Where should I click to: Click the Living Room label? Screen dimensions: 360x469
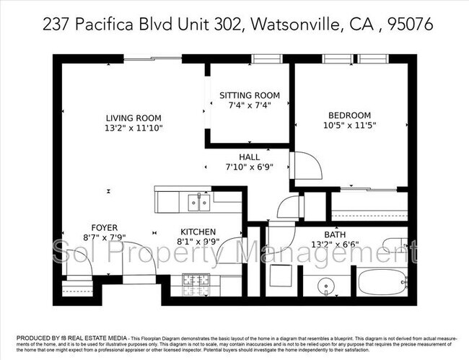coord(133,118)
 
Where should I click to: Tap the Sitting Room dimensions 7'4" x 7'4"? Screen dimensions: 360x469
coord(249,106)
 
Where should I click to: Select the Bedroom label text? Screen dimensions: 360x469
coord(349,115)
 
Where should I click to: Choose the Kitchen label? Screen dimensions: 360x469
coord(199,232)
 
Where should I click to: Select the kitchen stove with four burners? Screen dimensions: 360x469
coord(195,284)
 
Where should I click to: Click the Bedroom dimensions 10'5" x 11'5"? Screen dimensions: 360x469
coord(349,125)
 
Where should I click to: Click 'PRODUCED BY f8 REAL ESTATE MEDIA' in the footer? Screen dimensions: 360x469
coord(66,337)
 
